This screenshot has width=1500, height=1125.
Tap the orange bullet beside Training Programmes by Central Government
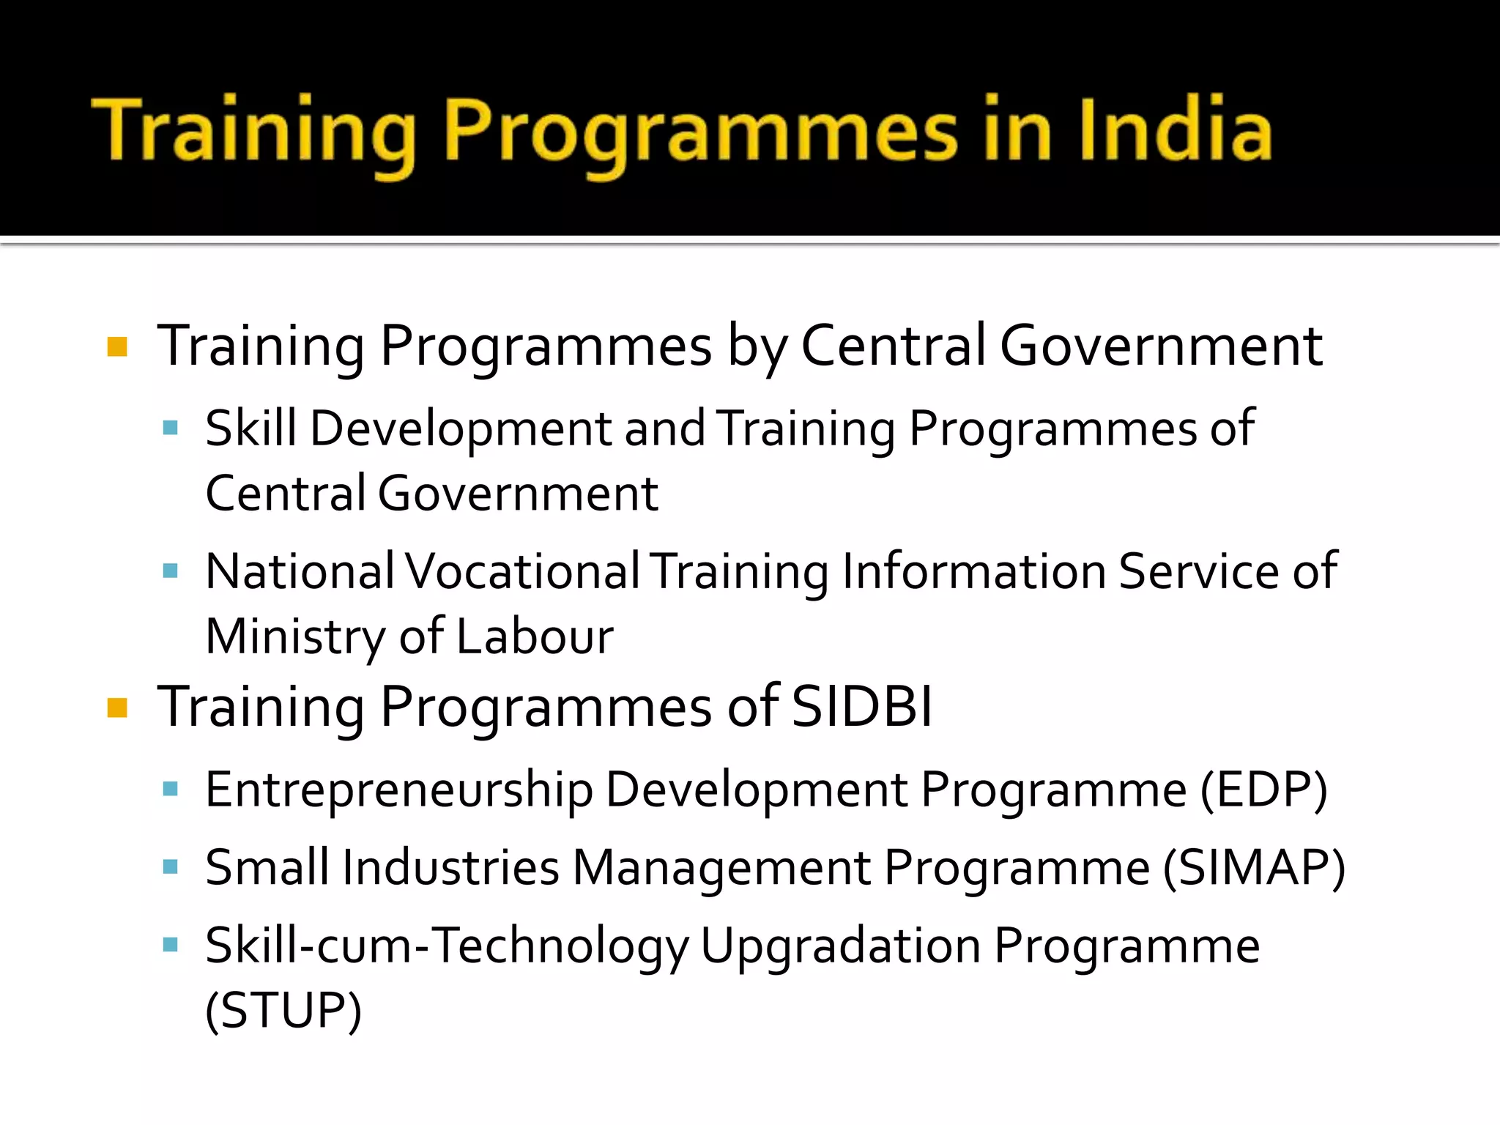pos(117,346)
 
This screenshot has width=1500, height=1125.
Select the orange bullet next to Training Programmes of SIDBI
pos(117,708)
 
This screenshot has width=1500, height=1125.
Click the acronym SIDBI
pos(862,707)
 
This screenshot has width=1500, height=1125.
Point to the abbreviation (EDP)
pos(1263,790)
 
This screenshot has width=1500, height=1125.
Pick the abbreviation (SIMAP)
pos(1254,868)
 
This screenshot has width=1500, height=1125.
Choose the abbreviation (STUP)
pos(283,1011)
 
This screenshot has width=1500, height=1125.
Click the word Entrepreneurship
pos(399,791)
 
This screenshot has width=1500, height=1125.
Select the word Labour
pos(535,636)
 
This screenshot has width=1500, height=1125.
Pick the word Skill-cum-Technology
pos(447,946)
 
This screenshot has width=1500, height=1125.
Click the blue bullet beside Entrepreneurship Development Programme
pos(171,789)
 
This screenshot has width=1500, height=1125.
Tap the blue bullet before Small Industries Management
pos(171,867)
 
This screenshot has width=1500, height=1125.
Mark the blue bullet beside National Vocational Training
pos(171,571)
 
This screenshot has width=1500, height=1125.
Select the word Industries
pos(450,868)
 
